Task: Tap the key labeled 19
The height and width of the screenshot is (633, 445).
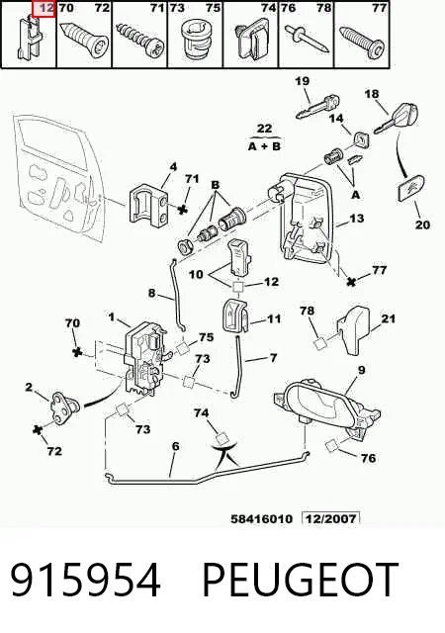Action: point(317,107)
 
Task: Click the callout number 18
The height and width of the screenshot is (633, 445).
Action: point(372,94)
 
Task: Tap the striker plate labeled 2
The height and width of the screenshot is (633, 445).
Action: point(64,407)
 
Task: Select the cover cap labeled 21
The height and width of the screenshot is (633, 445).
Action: point(353,330)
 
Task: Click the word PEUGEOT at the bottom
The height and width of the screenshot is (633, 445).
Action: point(301,580)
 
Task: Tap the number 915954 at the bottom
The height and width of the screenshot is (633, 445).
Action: point(85,580)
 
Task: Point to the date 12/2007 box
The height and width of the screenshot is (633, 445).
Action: point(330,518)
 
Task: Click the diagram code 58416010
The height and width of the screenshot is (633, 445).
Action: point(261,518)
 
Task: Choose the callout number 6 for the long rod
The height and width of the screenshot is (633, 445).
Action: point(175,446)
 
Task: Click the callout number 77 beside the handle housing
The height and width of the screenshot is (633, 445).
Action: point(379,269)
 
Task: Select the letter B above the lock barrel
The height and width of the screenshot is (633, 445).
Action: point(216,185)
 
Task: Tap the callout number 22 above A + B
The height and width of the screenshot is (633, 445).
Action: point(264,129)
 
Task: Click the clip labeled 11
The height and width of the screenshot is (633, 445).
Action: point(235,316)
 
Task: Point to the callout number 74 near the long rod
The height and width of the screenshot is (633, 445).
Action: point(201,412)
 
